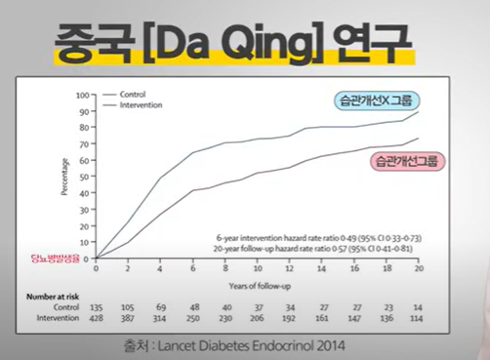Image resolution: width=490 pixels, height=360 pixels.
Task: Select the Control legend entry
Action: pos(133,95)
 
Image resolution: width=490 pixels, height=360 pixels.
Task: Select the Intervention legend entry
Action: pos(139,103)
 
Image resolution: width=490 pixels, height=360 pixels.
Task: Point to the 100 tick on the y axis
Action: pos(82,96)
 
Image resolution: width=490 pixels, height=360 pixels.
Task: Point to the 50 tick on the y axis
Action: pos(84,177)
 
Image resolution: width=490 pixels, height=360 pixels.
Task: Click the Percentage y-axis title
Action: pos(65,177)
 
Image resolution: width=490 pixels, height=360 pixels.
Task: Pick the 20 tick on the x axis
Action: pos(418,267)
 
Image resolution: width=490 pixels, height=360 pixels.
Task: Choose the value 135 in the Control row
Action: pos(97,305)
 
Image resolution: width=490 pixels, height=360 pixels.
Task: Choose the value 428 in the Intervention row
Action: pos(97,317)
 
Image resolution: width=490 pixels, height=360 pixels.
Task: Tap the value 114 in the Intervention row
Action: pos(418,317)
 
